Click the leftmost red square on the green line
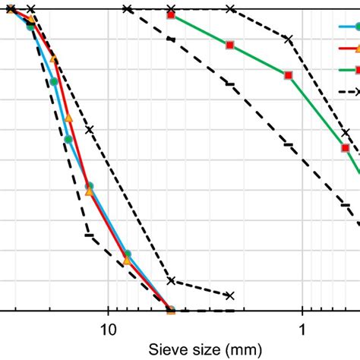tap(171, 15)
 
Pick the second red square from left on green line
tap(230, 45)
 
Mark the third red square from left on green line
tap(288, 75)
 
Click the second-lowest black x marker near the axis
tap(171, 280)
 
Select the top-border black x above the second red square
tap(230, 9)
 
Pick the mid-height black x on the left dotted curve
tap(89, 129)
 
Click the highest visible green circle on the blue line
tap(31, 26)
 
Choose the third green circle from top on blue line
tap(68, 139)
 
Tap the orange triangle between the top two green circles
tap(53, 58)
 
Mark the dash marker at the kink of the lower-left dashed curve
tap(89, 235)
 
